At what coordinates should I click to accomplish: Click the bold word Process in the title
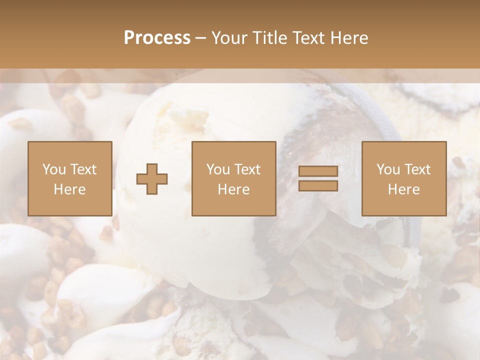coord(157,38)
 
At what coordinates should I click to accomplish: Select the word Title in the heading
coord(269,38)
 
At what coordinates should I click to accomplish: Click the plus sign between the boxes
coord(152,179)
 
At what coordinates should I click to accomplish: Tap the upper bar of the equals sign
coord(318,171)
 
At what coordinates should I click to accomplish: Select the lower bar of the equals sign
coord(318,186)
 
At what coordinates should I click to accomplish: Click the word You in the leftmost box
coord(53,169)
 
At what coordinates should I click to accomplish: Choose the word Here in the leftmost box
coord(69,189)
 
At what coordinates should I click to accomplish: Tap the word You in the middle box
coord(217,169)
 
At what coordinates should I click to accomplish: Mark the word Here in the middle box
coord(233,189)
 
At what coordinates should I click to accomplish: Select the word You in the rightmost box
coord(387,169)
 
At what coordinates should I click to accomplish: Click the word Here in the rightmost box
coord(403,189)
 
